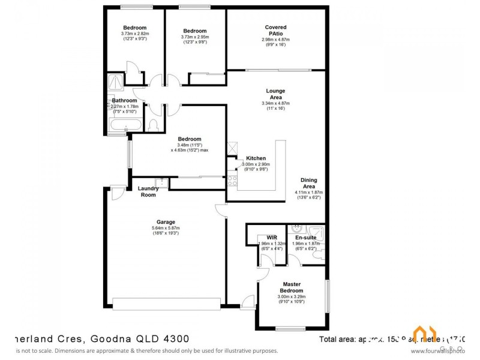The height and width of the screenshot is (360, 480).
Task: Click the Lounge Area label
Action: tap(275, 94)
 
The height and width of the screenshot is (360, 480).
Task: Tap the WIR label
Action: tap(271, 238)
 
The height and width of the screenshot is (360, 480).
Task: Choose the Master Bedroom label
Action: tap(292, 287)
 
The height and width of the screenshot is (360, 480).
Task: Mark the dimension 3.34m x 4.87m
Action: tap(275, 103)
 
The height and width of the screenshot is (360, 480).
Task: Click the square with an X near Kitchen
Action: tap(232, 148)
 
